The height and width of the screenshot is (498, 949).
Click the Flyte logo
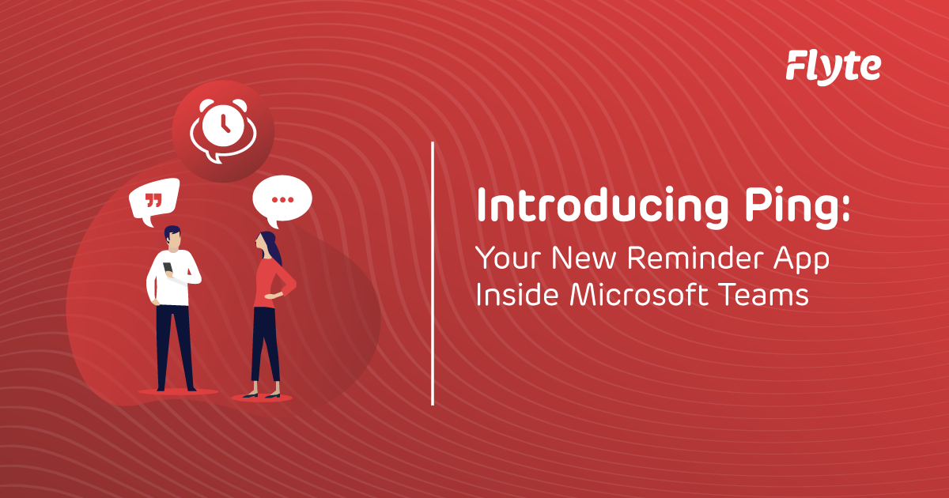pos(833,66)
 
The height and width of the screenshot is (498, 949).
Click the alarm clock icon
pos(222,126)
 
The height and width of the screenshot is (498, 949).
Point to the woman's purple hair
pos(271,248)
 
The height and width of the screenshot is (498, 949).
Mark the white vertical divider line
pos(433,274)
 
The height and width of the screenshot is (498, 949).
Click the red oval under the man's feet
pos(177,391)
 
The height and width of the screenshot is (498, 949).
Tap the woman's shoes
pos(260,394)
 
